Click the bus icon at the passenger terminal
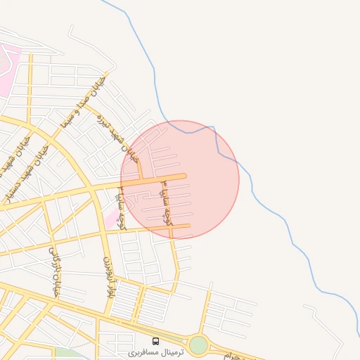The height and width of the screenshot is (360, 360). coord(155,342)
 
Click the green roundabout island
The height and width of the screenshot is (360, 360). coord(199,345)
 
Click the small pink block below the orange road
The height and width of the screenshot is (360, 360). coord(112,214)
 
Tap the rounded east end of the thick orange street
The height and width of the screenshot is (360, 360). coord(184,176)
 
